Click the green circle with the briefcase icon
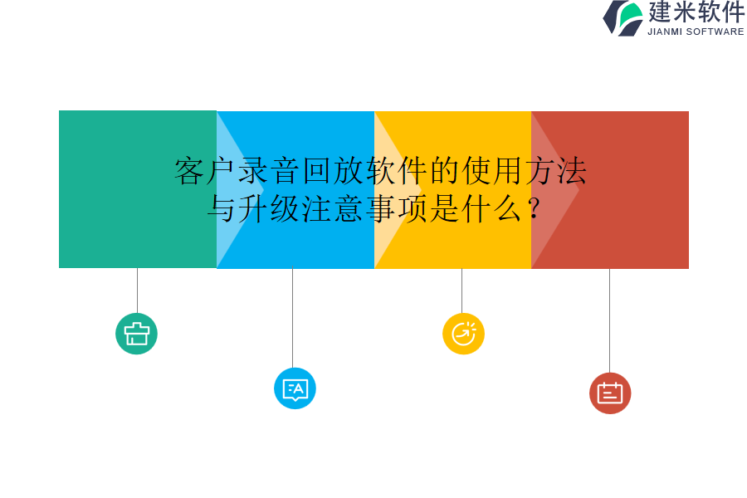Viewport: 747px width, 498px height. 136,334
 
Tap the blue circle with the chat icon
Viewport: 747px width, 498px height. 295,388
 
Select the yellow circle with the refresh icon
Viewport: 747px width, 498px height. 463,334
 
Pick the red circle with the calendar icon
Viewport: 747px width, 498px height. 610,393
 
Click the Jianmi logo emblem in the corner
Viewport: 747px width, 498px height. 623,17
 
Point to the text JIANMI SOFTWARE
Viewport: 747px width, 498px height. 696,32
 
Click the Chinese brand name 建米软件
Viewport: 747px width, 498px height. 696,12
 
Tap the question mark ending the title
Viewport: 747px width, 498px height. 534,207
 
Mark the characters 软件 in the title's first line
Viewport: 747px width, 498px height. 398,172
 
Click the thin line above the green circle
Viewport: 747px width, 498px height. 137,290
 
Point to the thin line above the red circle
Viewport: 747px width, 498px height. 609,320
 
